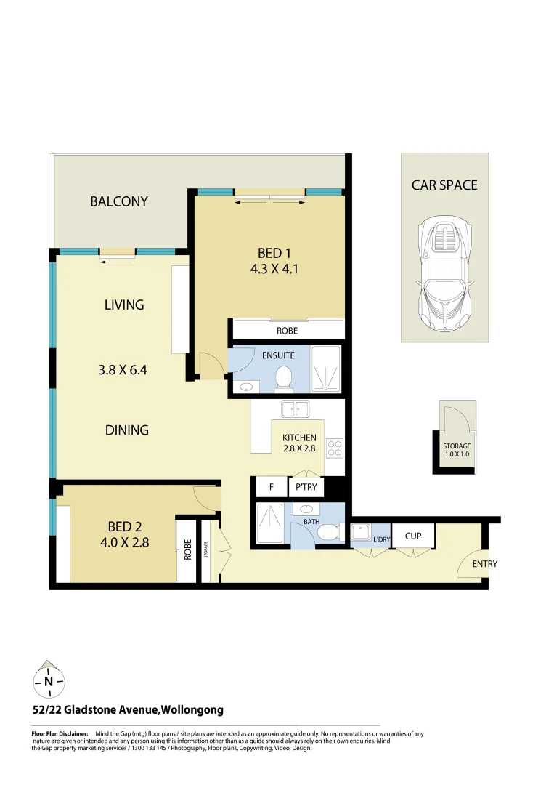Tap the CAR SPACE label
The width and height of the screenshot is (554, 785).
[444, 185]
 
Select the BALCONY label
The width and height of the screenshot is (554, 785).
[119, 201]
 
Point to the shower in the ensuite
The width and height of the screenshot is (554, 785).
[325, 370]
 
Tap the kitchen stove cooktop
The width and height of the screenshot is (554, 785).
[335, 448]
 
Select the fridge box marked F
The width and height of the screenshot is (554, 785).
[270, 487]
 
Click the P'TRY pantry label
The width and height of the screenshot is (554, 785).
[306, 487]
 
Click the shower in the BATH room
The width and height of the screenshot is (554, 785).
[271, 525]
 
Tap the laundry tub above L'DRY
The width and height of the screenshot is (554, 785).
[360, 534]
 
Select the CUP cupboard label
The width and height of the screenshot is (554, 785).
[413, 536]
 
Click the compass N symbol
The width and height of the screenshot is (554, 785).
[49, 681]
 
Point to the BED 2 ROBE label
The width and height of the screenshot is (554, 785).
[187, 549]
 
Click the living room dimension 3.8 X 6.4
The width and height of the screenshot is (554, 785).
[123, 369]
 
